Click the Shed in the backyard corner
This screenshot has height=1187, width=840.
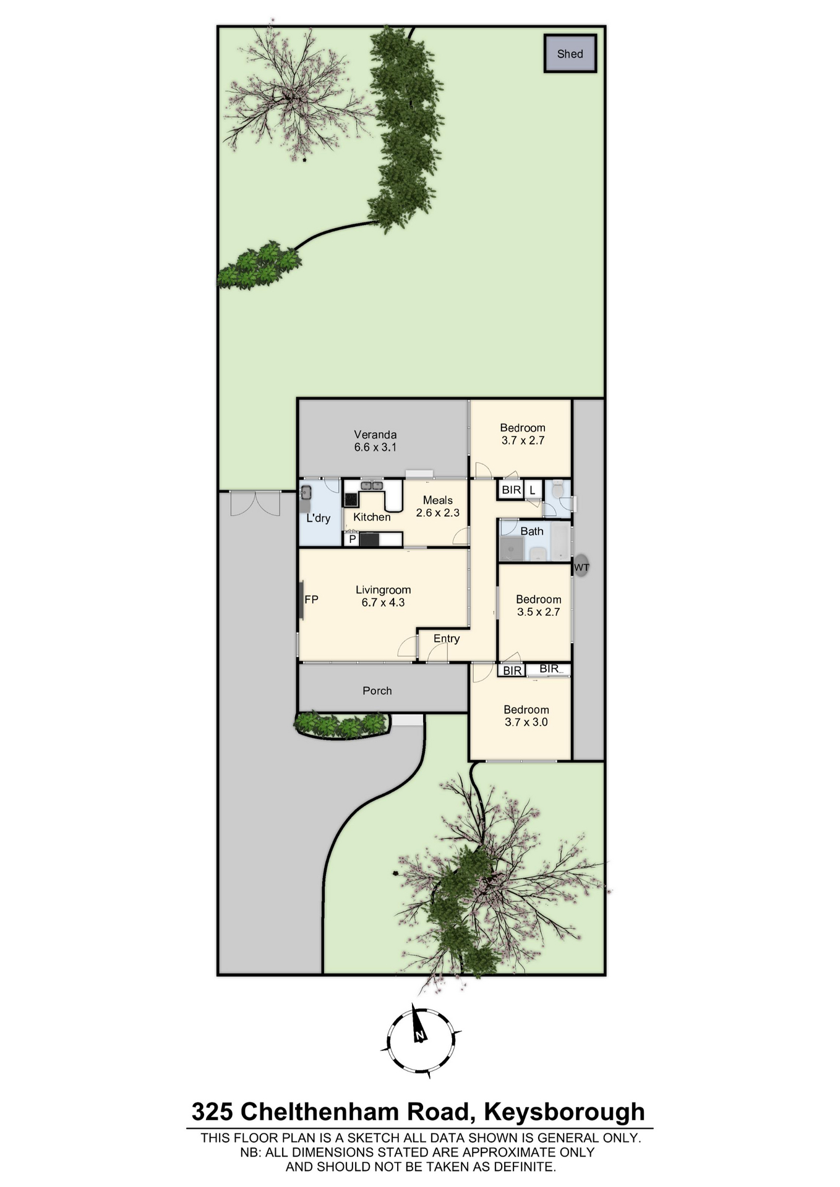(570, 54)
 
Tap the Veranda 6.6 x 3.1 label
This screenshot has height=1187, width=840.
(375, 441)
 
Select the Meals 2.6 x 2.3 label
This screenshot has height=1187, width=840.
(437, 506)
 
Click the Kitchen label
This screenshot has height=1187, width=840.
(372, 517)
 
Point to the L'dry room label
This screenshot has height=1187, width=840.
(319, 518)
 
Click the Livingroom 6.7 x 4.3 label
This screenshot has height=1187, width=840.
(383, 596)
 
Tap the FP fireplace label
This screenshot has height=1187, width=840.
(311, 599)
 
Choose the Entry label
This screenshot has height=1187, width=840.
(447, 639)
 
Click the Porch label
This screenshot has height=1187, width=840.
(377, 691)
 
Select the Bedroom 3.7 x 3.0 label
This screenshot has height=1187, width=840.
(526, 716)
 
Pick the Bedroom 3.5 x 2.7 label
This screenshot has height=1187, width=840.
(539, 606)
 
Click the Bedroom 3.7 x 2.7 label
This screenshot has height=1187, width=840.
(523, 434)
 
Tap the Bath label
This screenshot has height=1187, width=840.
(532, 531)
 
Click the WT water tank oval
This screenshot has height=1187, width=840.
(581, 567)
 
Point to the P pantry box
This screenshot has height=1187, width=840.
(352, 540)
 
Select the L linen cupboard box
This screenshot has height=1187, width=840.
(532, 491)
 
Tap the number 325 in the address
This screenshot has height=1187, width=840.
(212, 1112)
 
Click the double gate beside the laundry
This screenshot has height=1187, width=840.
(255, 503)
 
